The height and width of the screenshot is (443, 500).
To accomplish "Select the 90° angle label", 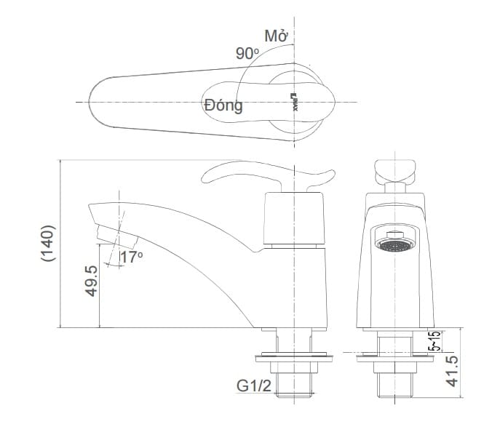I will click(247, 54).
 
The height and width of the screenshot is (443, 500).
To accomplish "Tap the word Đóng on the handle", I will click(223, 105).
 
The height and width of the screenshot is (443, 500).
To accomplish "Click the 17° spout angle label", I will click(132, 257).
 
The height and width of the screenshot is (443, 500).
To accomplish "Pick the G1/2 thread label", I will click(254, 386).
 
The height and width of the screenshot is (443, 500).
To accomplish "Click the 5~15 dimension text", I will click(434, 343).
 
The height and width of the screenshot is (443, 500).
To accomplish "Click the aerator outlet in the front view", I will click(394, 243).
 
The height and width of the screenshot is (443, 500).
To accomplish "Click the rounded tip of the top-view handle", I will click(98, 103).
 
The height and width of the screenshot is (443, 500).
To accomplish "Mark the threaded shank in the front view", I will click(394, 382).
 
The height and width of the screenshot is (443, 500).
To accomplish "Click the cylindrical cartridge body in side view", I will click(295, 218).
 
